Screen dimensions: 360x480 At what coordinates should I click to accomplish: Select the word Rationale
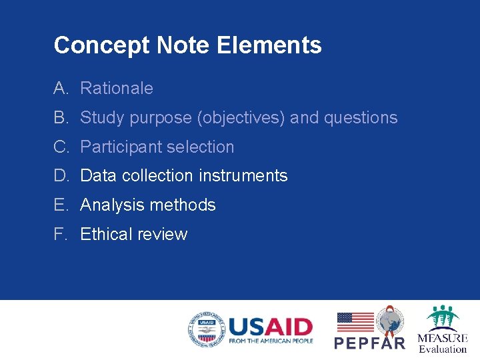click(x=117, y=88)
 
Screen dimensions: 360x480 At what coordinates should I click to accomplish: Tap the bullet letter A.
click(x=61, y=88)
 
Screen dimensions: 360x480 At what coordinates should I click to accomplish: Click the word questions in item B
click(x=361, y=118)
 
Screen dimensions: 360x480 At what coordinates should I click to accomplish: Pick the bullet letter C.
click(x=61, y=147)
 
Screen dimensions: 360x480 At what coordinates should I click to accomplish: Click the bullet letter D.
click(x=61, y=176)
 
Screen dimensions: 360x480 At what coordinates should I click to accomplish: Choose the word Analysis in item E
click(x=111, y=205)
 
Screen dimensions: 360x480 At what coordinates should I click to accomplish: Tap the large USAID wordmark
click(x=270, y=327)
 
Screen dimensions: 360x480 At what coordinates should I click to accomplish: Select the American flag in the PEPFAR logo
click(x=355, y=322)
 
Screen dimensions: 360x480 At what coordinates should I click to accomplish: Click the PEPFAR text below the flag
click(x=369, y=343)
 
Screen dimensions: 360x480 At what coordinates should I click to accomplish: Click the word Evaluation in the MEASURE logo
click(x=443, y=349)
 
